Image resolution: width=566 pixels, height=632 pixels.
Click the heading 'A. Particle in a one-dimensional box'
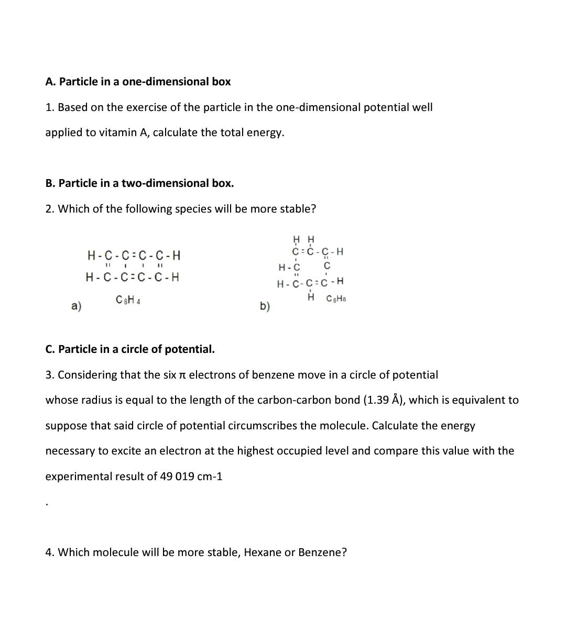pos(138,82)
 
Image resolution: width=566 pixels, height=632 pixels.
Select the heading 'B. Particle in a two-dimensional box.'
pos(139,183)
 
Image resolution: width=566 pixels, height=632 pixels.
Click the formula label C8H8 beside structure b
pos(336,299)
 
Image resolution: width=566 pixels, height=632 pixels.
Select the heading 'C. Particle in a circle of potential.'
pos(130,349)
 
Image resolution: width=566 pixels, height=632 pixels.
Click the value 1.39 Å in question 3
pos(384,400)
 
